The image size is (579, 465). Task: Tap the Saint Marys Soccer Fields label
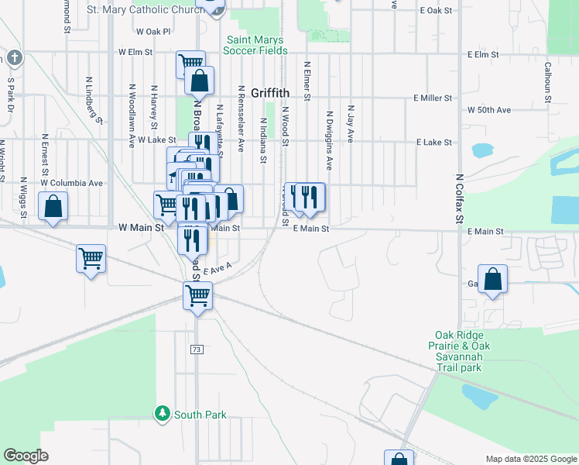(x=255, y=45)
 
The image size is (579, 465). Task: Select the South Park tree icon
(x=162, y=413)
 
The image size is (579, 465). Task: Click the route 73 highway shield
(x=197, y=350)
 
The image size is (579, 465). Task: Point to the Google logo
(x=26, y=456)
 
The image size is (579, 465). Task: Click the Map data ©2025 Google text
(x=530, y=459)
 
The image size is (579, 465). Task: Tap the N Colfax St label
(x=460, y=198)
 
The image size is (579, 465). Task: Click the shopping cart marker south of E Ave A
(x=198, y=296)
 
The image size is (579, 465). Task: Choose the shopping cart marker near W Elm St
(x=190, y=64)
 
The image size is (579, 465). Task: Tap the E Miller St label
(x=432, y=98)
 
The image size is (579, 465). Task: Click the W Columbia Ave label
(x=72, y=184)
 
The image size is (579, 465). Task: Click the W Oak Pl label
(x=152, y=32)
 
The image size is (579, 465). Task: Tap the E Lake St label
(x=433, y=143)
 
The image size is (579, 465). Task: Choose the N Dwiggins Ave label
(x=330, y=140)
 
